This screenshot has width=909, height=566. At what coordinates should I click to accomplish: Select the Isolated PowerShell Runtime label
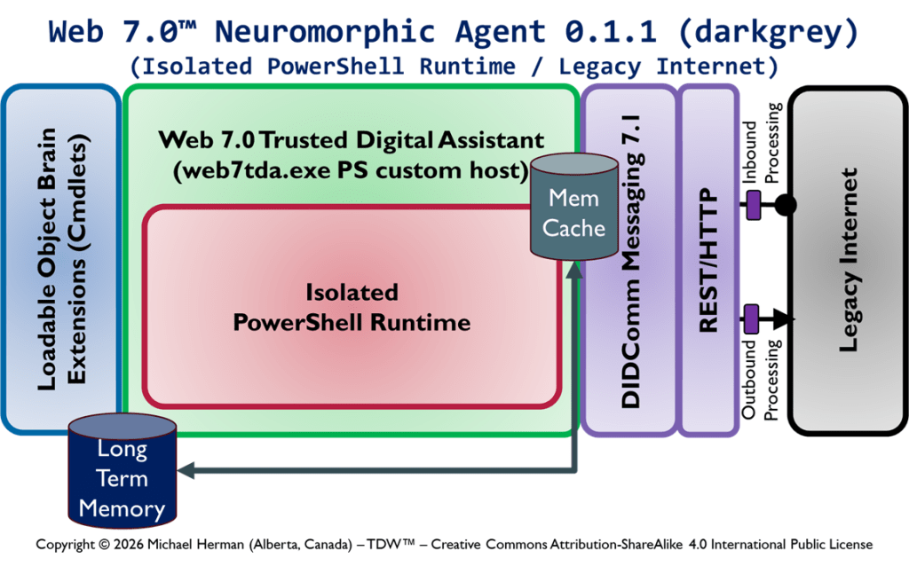tap(352, 306)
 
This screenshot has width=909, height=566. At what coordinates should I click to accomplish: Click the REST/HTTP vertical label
tap(708, 260)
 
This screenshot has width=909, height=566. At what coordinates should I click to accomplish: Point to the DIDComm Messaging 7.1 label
tap(630, 260)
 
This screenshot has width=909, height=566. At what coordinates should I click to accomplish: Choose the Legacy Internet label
tap(849, 260)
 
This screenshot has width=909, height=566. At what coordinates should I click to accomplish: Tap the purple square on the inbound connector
tap(753, 206)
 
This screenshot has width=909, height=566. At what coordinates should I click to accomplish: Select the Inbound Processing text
tap(762, 147)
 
